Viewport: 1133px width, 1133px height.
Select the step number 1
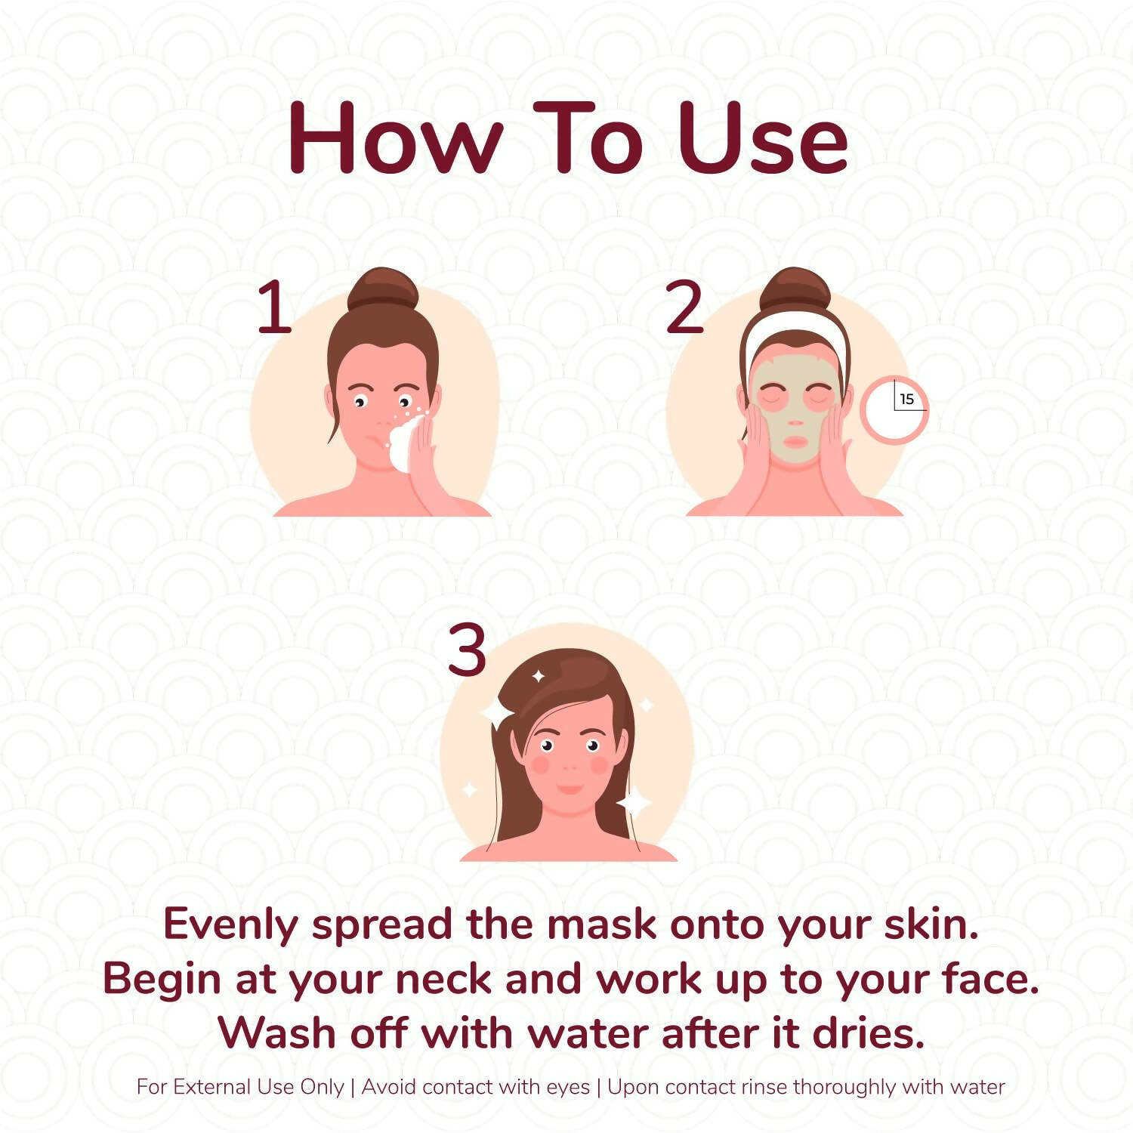(x=274, y=307)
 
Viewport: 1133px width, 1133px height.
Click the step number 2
(x=684, y=307)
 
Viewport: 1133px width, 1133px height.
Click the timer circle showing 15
(x=894, y=410)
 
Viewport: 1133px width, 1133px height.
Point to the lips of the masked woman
(x=795, y=442)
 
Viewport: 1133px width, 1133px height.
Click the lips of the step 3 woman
(x=570, y=789)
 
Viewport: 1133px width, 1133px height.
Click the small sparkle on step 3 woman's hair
(x=539, y=676)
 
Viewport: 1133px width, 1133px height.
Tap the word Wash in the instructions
(x=276, y=1033)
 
